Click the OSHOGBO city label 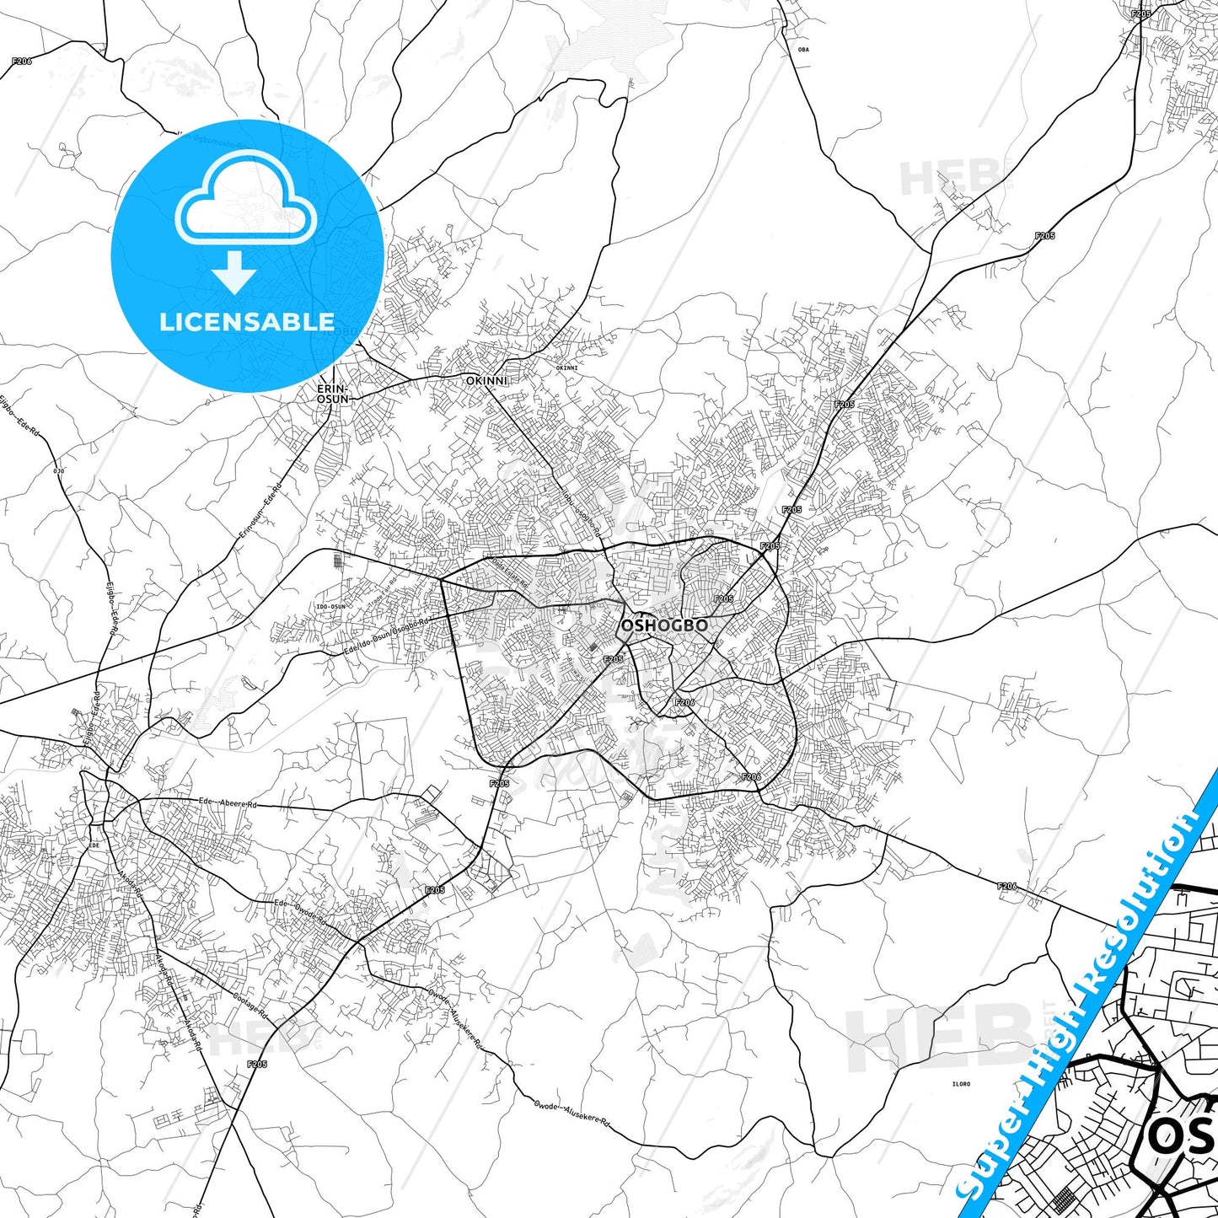[663, 626]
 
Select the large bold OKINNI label [487, 380]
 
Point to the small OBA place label [802, 50]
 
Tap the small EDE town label [94, 845]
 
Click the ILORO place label [960, 1084]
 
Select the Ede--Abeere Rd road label [227, 803]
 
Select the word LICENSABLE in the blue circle [246, 322]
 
